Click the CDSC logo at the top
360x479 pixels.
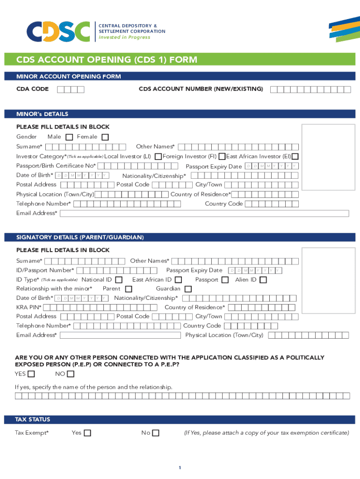pos(58,31)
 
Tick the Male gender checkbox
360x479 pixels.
pos(69,137)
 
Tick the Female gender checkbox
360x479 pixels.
pos(105,137)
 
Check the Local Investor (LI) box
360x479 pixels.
pos(158,156)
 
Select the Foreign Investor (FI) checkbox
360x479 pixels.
pos(223,156)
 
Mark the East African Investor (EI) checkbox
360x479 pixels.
pos(295,156)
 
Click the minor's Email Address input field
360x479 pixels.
pos(204,213)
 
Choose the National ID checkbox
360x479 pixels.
pos(119,280)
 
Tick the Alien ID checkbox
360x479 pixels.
pos(263,280)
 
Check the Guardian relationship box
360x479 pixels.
pos(188,289)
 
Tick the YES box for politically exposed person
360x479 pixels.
pos(31,374)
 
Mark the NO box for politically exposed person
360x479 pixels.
pos(71,374)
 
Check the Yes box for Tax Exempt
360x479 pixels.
pos(87,433)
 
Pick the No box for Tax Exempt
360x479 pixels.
pos(156,433)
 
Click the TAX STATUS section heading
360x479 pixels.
pos(33,420)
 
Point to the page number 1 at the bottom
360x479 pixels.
pos(180,468)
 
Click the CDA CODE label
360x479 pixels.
pos(32,89)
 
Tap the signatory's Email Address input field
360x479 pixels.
pos(120,335)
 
